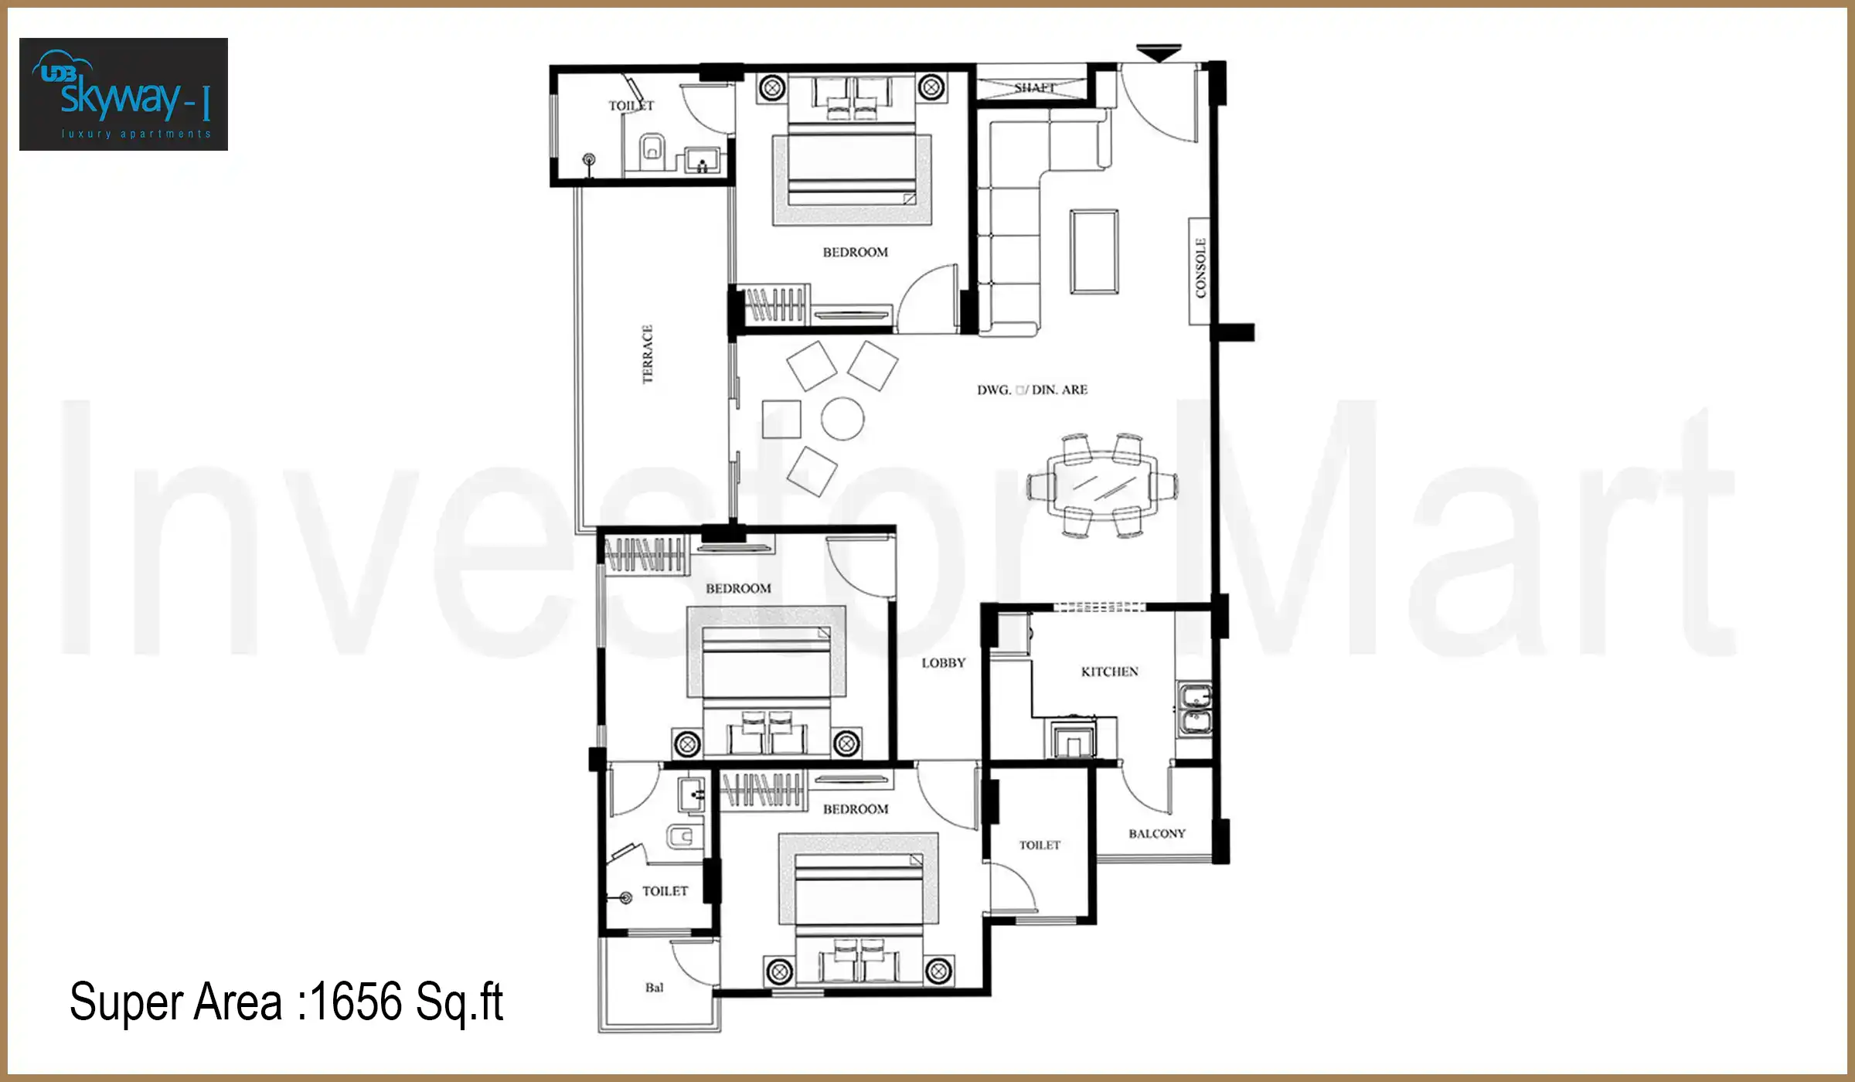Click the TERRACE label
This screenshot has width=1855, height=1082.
(648, 354)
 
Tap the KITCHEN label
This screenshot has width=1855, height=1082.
(1109, 672)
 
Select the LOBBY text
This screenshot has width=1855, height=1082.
(943, 662)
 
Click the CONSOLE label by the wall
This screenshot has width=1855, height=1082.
(1200, 268)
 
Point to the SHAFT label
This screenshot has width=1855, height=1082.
(1034, 87)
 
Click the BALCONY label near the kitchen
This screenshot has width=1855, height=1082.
(1156, 833)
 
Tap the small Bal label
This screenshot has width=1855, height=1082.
(654, 987)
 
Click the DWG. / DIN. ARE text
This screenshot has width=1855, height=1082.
(1032, 390)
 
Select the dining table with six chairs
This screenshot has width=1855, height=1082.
(1103, 485)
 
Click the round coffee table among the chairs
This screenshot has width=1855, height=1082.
(842, 419)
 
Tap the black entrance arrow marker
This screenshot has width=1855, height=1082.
(1159, 53)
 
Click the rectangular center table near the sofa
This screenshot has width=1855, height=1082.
(1094, 251)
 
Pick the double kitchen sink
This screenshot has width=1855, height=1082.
(1194, 709)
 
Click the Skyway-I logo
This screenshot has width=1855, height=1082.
(124, 94)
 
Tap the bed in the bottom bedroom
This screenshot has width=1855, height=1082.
(858, 889)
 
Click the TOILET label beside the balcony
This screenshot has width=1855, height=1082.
(1040, 845)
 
